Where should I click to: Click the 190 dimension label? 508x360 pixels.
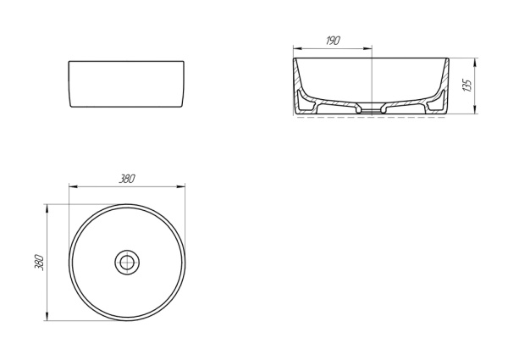(333, 41)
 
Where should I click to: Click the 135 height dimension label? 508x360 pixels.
(467, 86)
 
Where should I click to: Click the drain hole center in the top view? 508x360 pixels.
(127, 263)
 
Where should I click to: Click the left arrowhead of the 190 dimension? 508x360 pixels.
(297, 49)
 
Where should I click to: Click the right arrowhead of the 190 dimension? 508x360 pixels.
(367, 49)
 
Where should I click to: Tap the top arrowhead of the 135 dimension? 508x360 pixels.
(475, 63)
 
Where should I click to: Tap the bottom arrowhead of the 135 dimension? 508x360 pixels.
(475, 109)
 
